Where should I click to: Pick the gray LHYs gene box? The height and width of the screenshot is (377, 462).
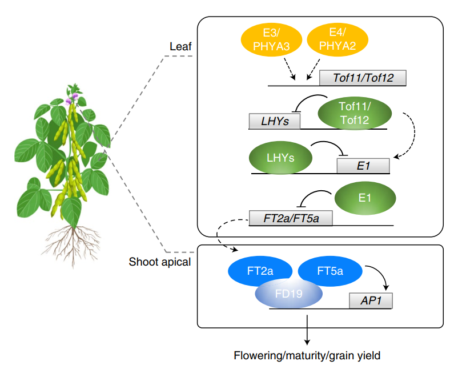pyautogui.click(x=275, y=121)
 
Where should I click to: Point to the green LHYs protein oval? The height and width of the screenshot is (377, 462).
pyautogui.click(x=280, y=157)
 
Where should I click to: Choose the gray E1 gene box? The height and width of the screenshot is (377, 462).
pyautogui.click(x=363, y=166)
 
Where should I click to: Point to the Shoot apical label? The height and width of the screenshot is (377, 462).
pyautogui.click(x=159, y=262)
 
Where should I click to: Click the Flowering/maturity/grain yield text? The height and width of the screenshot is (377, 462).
pyautogui.click(x=307, y=355)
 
